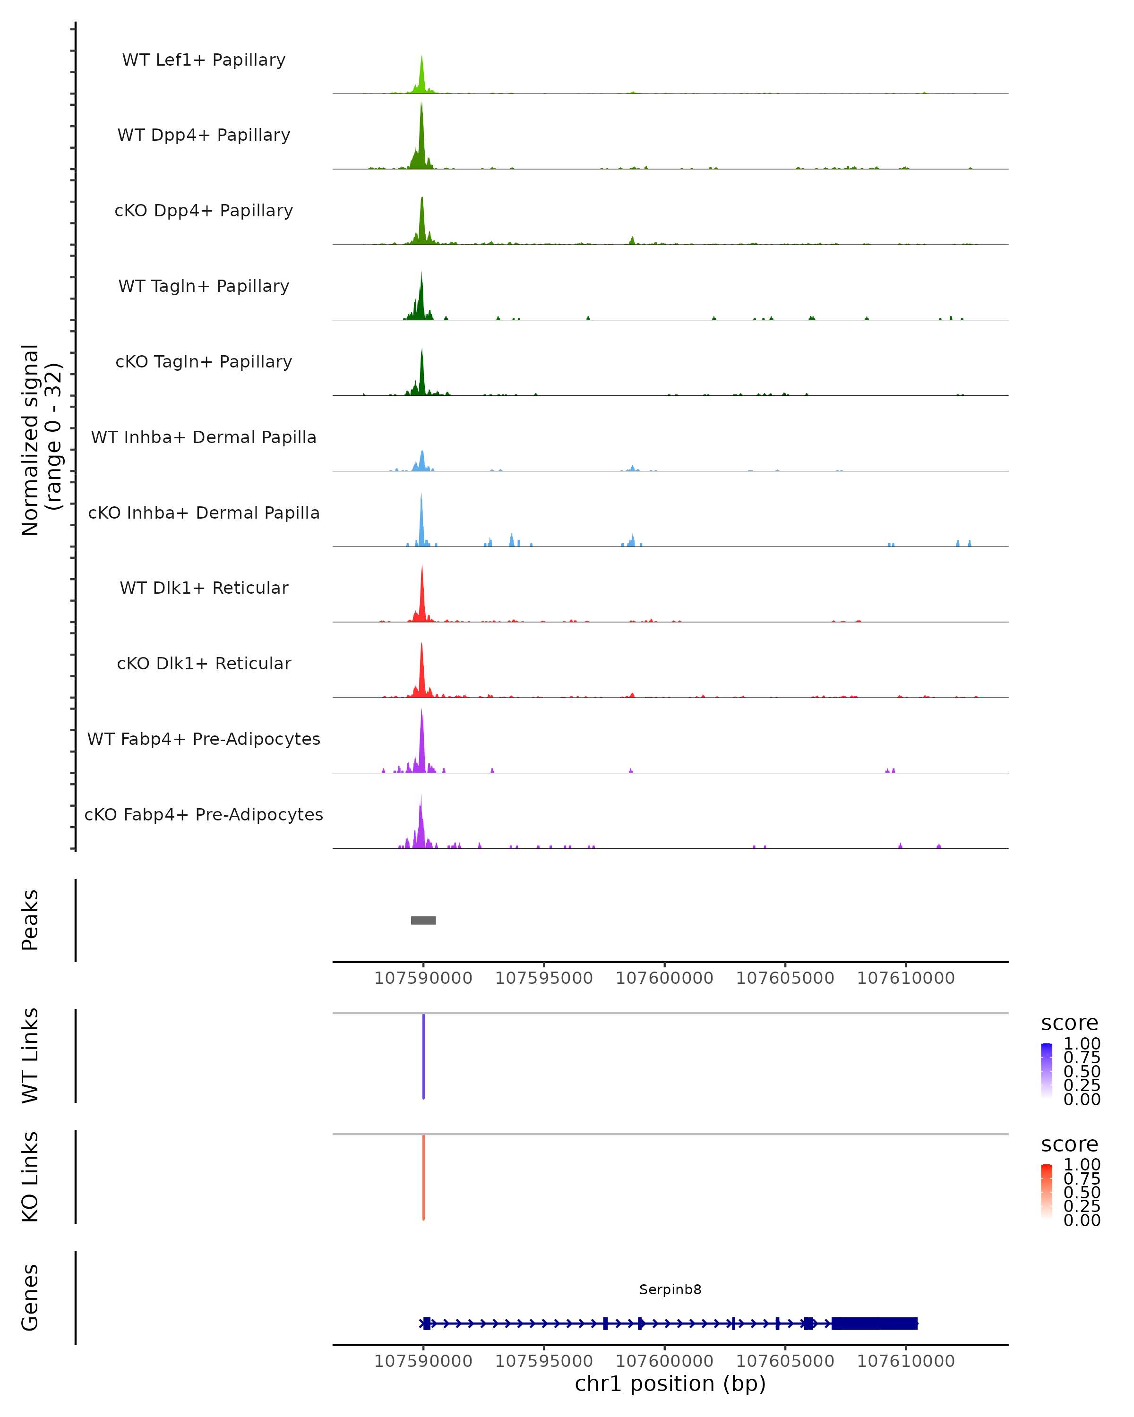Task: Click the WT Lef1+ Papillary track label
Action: pyautogui.click(x=204, y=60)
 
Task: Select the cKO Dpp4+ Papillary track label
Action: pyautogui.click(x=204, y=211)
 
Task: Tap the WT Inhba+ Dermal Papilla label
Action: pyautogui.click(x=204, y=438)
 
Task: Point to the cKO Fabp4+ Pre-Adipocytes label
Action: pyautogui.click(x=204, y=815)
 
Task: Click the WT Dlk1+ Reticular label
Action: pyautogui.click(x=204, y=588)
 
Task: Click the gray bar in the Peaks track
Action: pyautogui.click(x=423, y=920)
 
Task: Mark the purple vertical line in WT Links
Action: pyautogui.click(x=423, y=1056)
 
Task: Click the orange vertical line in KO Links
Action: pyautogui.click(x=423, y=1177)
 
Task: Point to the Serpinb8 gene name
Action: pyautogui.click(x=670, y=1289)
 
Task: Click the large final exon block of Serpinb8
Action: pyautogui.click(x=874, y=1323)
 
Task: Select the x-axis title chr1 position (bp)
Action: pyautogui.click(x=670, y=1383)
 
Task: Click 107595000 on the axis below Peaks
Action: pyautogui.click(x=544, y=978)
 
